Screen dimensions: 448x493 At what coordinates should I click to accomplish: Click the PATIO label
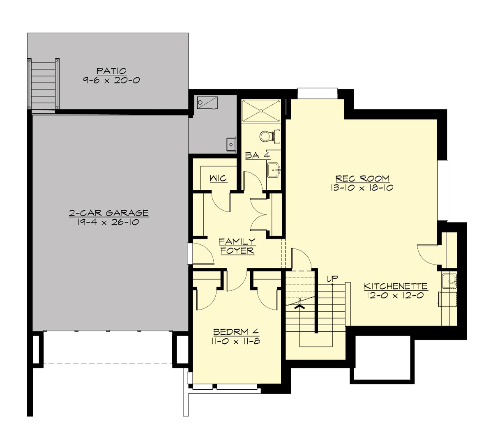tap(112, 71)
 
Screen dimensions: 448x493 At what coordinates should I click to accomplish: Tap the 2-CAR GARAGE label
tap(108, 213)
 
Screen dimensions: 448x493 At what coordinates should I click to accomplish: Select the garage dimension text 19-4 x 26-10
tap(108, 222)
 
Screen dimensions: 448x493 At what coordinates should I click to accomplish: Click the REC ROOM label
tap(362, 178)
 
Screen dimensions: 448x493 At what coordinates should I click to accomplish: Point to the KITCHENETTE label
tap(396, 286)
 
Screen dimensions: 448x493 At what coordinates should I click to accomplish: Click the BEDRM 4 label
tap(236, 332)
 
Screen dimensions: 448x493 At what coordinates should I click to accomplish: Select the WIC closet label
tap(218, 179)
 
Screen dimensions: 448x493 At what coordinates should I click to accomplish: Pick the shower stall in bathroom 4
tap(260, 110)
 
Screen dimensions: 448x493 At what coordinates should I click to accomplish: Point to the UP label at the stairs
tap(332, 278)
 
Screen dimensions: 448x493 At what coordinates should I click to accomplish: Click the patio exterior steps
tap(43, 85)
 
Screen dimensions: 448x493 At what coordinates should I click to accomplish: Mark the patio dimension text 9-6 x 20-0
tap(112, 80)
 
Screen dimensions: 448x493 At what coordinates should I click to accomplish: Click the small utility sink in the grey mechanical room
tap(230, 144)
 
